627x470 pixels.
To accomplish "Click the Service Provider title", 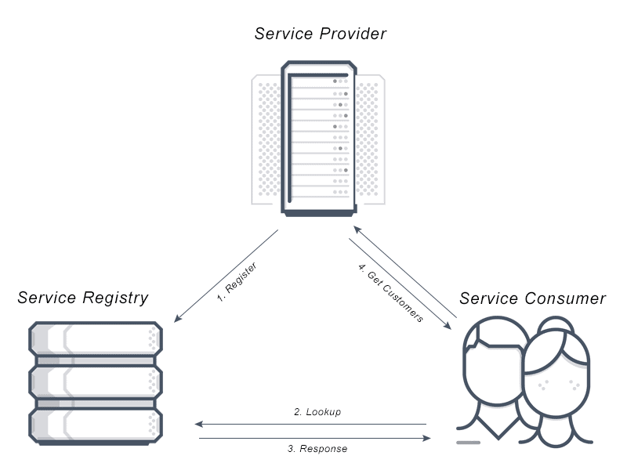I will (x=321, y=34).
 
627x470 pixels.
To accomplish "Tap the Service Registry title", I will (x=82, y=298).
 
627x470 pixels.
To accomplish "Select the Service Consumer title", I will (x=532, y=298).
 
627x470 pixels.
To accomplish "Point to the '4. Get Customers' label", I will (x=390, y=293).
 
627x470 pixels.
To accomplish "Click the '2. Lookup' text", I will (x=317, y=411).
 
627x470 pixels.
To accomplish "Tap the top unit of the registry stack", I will (x=96, y=338).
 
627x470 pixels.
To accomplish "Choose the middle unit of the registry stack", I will (x=96, y=381).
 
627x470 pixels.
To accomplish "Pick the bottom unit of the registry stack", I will (x=96, y=425).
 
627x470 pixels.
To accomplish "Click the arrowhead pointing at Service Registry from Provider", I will (x=178, y=320).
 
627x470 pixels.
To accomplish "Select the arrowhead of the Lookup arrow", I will (x=199, y=425).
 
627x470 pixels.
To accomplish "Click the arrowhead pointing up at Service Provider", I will (x=355, y=230).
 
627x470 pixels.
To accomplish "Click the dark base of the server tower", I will (x=317, y=212).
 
